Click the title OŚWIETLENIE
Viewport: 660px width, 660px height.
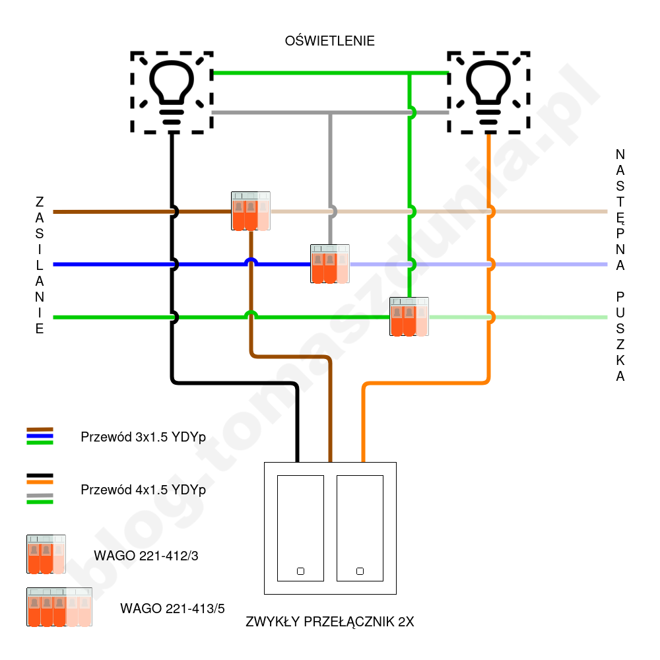pyautogui.click(x=329, y=41)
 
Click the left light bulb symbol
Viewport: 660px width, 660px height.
pyautogui.click(x=172, y=92)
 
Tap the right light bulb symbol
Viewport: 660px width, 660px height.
pyautogui.click(x=488, y=92)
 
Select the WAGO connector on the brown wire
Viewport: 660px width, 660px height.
pyautogui.click(x=251, y=211)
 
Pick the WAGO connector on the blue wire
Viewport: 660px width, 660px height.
pyautogui.click(x=330, y=264)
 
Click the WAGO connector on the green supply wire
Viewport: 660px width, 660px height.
pyautogui.click(x=409, y=317)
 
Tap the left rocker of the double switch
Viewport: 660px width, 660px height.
pyautogui.click(x=300, y=528)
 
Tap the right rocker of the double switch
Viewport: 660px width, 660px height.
pyautogui.click(x=360, y=528)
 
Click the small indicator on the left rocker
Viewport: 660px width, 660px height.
pyautogui.click(x=300, y=571)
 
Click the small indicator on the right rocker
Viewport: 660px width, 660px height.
pyautogui.click(x=360, y=571)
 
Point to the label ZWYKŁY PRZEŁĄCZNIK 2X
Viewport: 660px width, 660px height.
pyautogui.click(x=329, y=622)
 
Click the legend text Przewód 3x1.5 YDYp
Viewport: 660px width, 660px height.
pyautogui.click(x=143, y=437)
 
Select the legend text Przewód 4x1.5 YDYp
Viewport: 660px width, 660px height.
pyautogui.click(x=143, y=490)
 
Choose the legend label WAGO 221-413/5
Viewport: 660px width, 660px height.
pyautogui.click(x=172, y=609)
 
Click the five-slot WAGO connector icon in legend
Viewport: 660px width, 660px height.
pyautogui.click(x=59, y=607)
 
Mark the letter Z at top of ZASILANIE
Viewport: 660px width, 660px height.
pyautogui.click(x=40, y=201)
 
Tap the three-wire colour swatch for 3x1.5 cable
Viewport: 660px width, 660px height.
pyautogui.click(x=40, y=436)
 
